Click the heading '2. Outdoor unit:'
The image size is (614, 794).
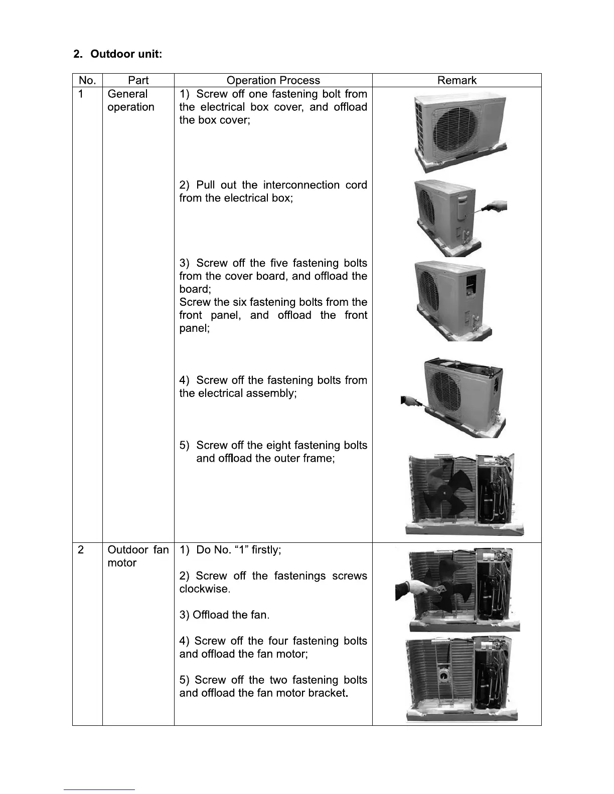click(117, 54)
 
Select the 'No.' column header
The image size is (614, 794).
click(87, 80)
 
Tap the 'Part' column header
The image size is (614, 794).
click(138, 80)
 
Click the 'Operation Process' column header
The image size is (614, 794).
click(273, 80)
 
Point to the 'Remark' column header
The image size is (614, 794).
click(456, 80)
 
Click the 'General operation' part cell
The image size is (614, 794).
click(130, 100)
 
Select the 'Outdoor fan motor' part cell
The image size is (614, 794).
click(138, 556)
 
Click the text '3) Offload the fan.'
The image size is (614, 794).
click(224, 615)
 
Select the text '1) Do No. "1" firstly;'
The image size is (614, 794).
click(230, 550)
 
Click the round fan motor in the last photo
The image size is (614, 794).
click(443, 676)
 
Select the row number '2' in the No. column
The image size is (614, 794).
click(81, 550)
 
